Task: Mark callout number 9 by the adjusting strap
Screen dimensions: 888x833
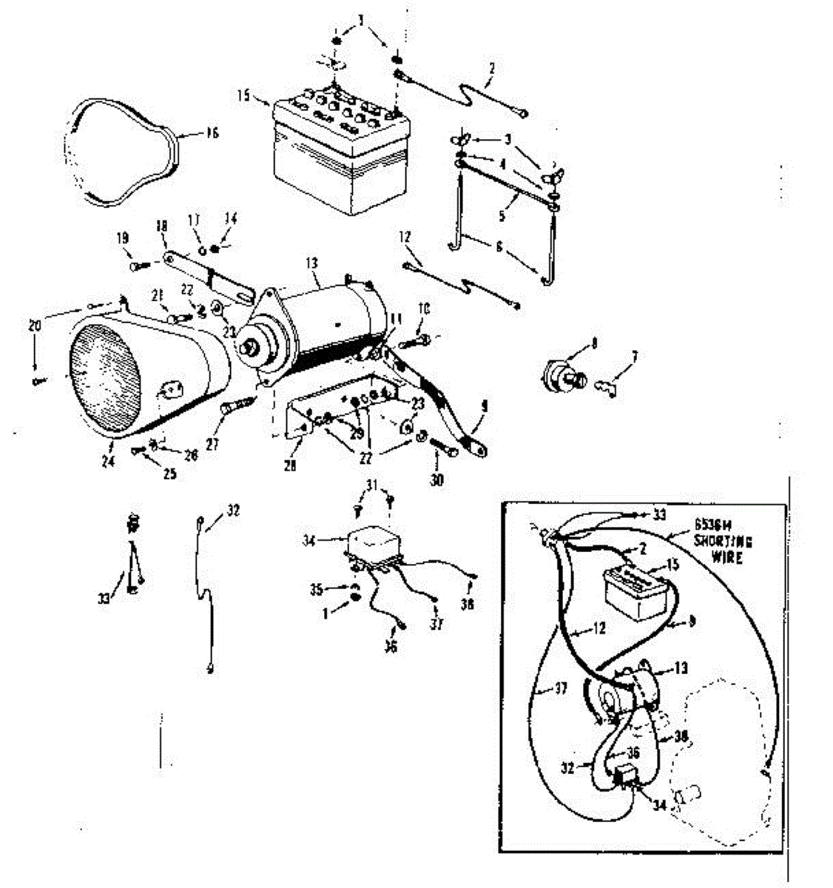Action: [485, 406]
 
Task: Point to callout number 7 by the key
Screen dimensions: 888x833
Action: [634, 357]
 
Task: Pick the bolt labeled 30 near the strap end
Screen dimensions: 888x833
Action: [441, 449]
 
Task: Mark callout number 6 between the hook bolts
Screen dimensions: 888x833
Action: [499, 247]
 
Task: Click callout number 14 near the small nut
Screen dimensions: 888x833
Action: [231, 219]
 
